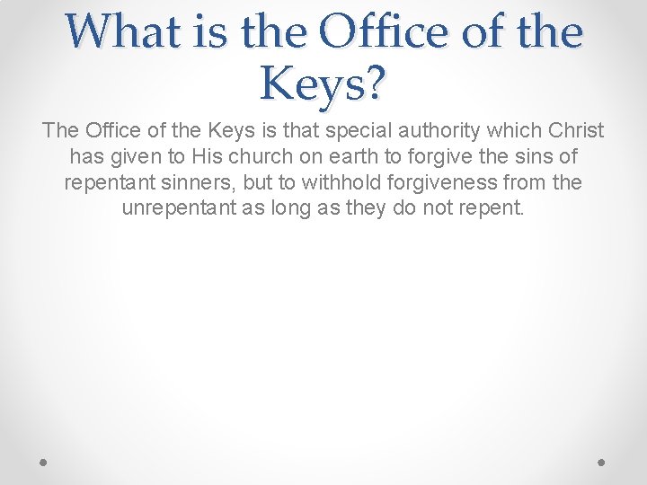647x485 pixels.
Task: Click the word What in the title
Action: pyautogui.click(x=115, y=32)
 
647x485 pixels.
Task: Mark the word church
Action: pyautogui.click(x=257, y=157)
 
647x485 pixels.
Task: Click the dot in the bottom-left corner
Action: pyautogui.click(x=44, y=463)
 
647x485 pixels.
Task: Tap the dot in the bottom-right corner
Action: pyautogui.click(x=603, y=463)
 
